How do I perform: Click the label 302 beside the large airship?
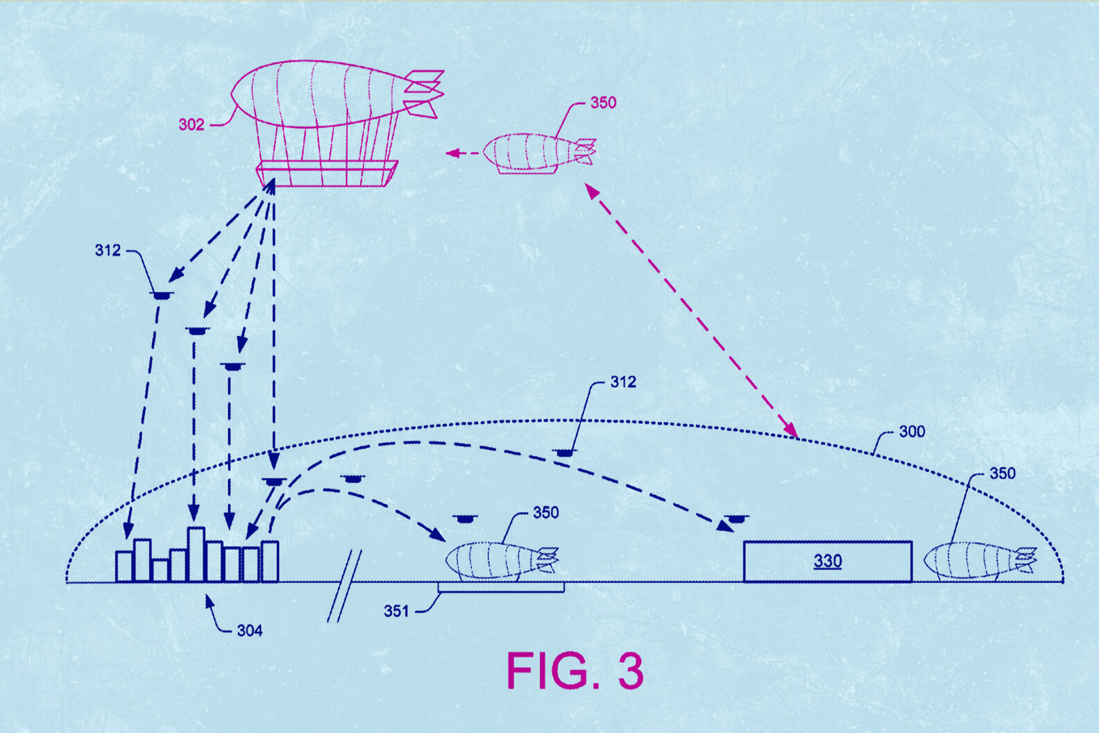(191, 125)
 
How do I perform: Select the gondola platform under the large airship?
(327, 174)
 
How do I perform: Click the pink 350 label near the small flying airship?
(603, 103)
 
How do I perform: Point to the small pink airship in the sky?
(538, 153)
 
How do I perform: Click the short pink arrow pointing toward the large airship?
(461, 153)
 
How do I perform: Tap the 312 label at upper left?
(108, 251)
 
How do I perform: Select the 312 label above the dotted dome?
(622, 382)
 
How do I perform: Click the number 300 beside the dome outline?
(912, 432)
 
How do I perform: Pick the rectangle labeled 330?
(827, 561)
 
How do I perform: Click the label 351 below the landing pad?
(396, 612)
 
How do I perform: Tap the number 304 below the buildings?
(250, 630)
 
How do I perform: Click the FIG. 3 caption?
(574, 671)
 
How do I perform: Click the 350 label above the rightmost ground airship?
(1002, 473)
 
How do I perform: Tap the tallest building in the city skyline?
(196, 553)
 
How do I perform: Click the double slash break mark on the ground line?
(344, 586)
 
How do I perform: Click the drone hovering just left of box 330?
(735, 518)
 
